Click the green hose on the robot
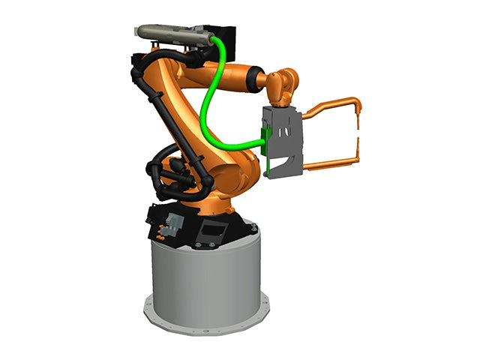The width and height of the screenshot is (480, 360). (x=205, y=105)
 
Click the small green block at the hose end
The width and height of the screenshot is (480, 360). (x=263, y=137)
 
